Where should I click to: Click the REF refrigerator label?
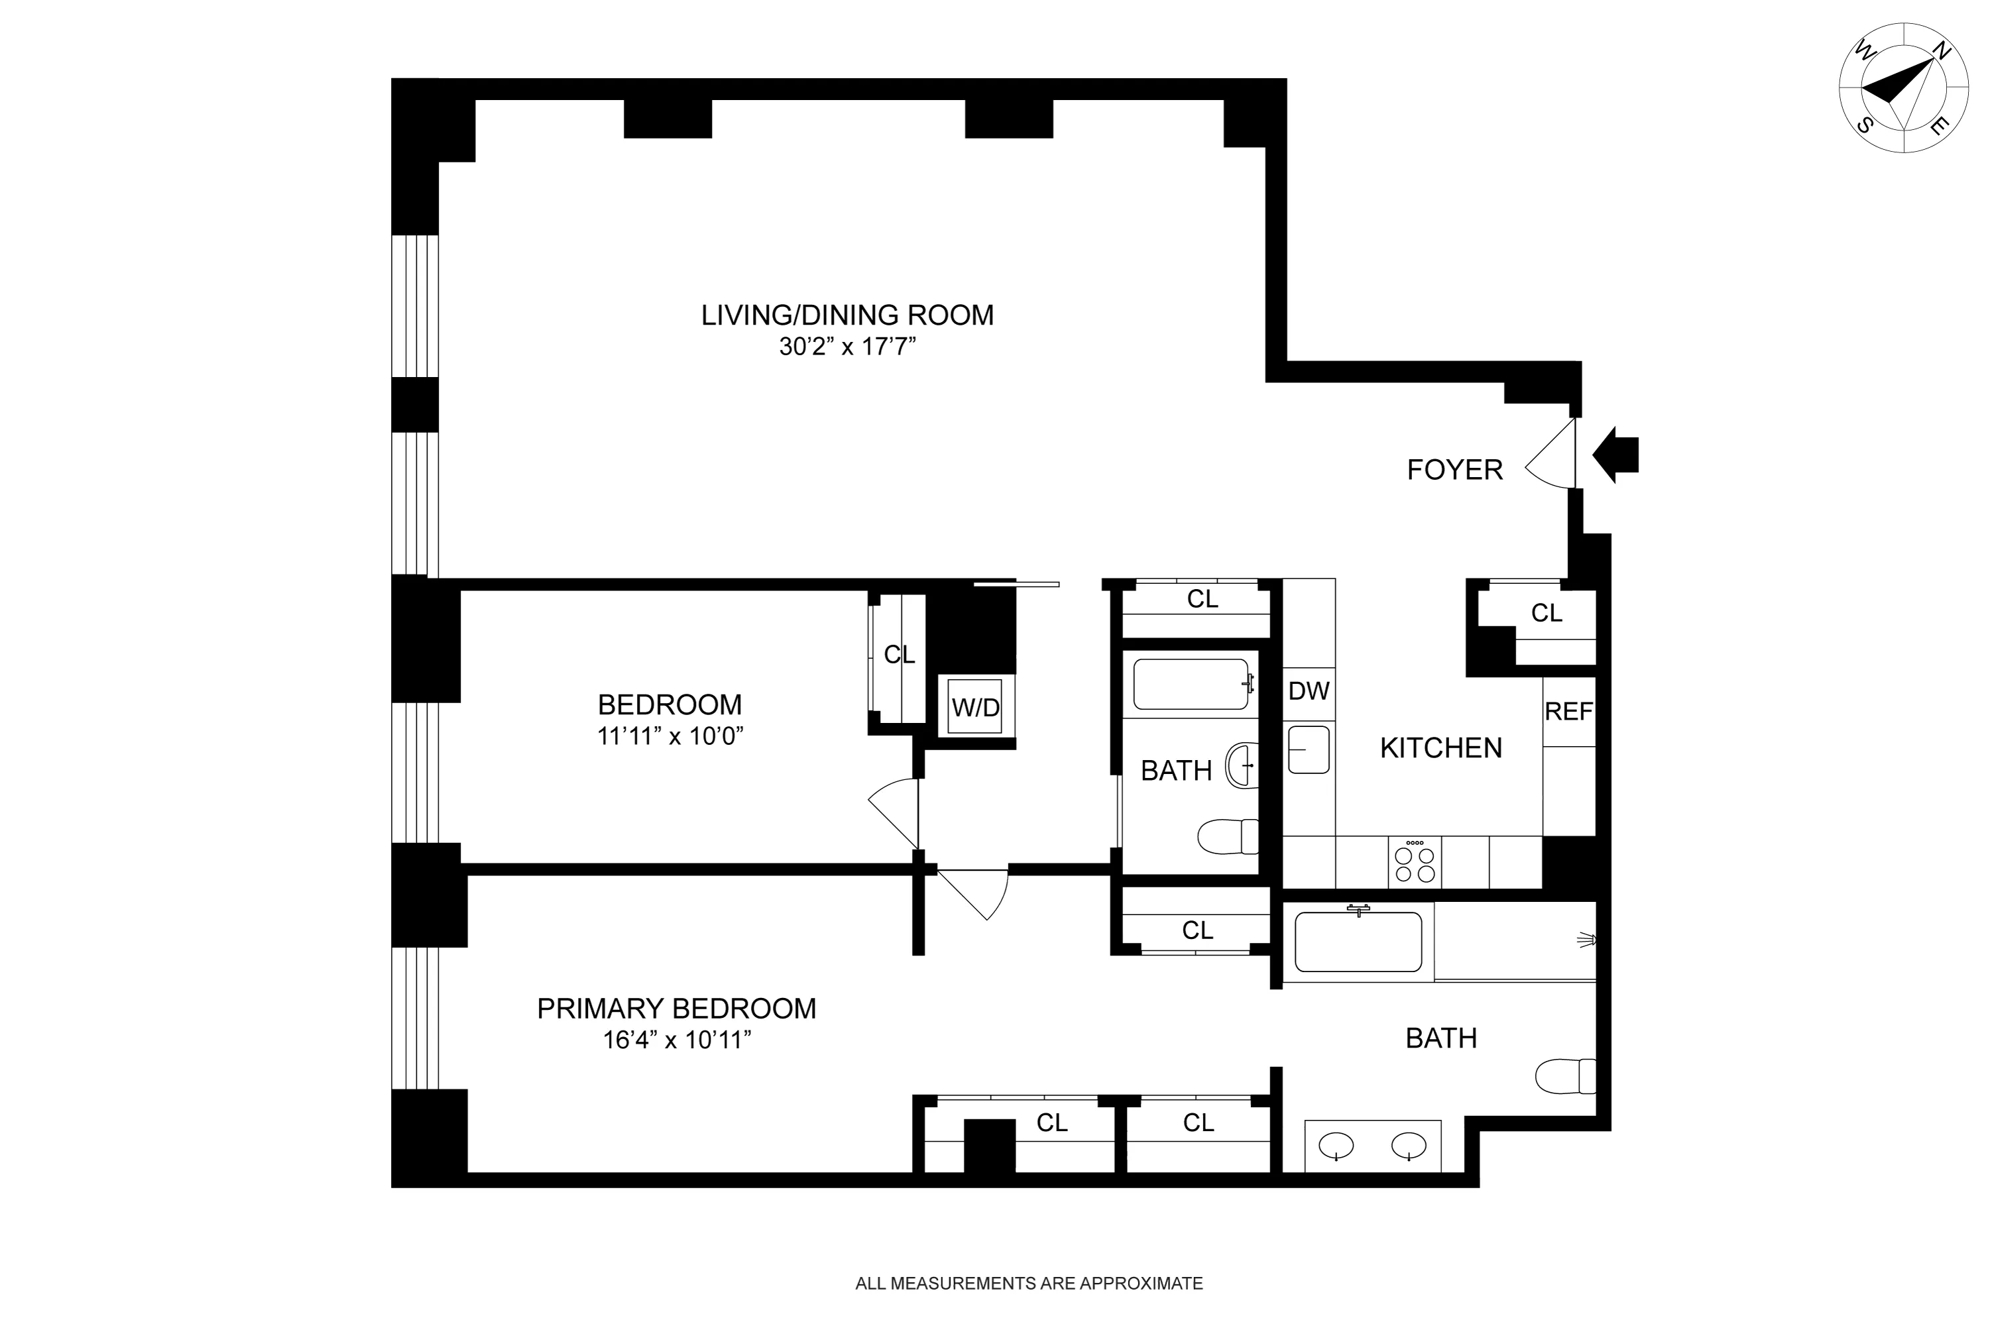click(x=1568, y=712)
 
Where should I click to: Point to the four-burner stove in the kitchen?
click(x=1415, y=863)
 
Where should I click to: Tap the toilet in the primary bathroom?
click(x=1564, y=1077)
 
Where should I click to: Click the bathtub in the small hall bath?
click(x=1191, y=684)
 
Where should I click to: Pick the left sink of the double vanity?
click(x=1336, y=1146)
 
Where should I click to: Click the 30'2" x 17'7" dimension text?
click(x=847, y=347)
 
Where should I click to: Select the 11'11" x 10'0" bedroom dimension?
click(x=670, y=736)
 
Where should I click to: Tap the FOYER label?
click(x=1454, y=469)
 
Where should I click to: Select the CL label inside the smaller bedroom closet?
click(x=899, y=655)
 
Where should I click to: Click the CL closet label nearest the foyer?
click(x=1547, y=613)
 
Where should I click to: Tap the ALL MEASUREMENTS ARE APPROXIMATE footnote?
click(x=1029, y=1284)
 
